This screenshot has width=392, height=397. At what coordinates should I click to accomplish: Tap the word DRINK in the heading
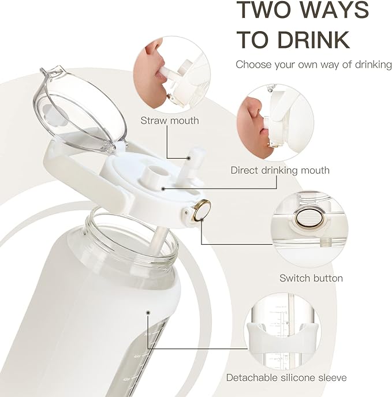[x=313, y=40]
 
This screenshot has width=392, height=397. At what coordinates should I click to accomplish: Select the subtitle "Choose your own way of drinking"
[x=313, y=65]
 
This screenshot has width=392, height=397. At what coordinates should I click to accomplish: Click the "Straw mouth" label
[x=170, y=121]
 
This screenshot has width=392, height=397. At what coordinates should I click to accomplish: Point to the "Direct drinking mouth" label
[x=280, y=170]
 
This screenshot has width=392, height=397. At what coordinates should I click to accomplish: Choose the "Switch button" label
[x=311, y=278]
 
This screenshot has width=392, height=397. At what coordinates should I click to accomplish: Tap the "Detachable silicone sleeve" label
[x=286, y=378]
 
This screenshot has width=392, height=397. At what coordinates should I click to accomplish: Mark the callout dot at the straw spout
[x=189, y=158]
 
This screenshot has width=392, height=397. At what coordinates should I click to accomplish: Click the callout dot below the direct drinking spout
[x=163, y=189]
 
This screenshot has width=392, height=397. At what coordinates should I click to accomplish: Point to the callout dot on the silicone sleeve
[x=148, y=313]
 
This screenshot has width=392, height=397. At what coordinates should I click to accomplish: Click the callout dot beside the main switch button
[x=201, y=220]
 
